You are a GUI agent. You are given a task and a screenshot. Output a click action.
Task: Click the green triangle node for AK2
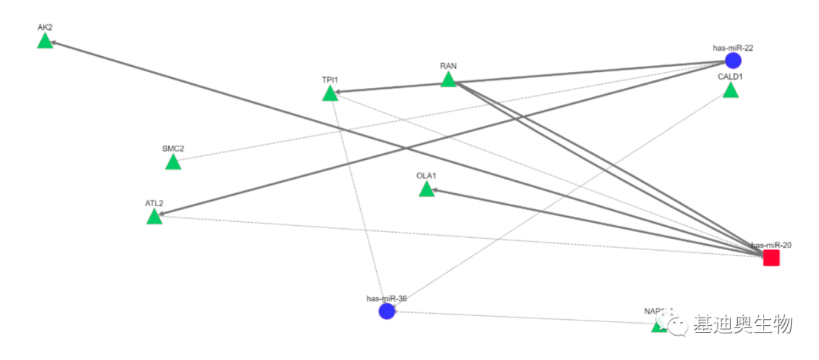(45, 41)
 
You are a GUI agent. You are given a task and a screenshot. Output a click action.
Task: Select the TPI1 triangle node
(330, 94)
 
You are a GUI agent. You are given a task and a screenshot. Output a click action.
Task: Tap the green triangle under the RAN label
(448, 80)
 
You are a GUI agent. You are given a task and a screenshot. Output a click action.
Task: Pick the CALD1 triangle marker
(730, 91)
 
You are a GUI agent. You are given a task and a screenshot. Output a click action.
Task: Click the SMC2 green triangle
(173, 162)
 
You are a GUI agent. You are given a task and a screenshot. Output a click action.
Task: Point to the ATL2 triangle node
(154, 218)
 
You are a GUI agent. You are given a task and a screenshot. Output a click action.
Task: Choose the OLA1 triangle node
(426, 189)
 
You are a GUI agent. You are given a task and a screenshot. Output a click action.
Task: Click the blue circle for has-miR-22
(733, 61)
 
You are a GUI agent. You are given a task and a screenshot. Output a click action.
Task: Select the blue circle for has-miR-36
(387, 311)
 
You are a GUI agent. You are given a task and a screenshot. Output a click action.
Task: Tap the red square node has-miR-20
(771, 258)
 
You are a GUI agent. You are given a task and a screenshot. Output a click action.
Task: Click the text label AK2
(45, 27)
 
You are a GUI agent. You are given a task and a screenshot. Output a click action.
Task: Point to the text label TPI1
(330, 80)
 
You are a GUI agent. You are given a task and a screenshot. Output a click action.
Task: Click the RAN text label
(448, 66)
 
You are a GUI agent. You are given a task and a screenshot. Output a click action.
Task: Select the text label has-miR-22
(733, 48)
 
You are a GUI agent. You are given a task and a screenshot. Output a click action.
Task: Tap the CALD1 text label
(730, 77)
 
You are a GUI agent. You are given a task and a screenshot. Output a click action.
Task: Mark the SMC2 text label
(173, 149)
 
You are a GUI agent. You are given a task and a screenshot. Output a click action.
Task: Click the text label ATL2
(154, 204)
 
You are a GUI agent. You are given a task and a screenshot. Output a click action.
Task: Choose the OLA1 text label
(426, 176)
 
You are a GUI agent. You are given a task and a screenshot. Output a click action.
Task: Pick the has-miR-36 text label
(387, 299)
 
